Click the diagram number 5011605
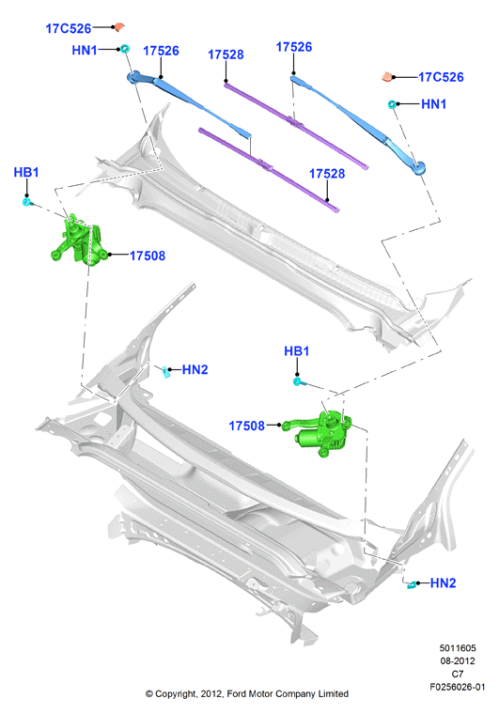(x=457, y=647)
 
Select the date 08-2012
(x=457, y=660)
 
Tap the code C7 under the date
(x=457, y=674)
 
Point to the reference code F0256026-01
(x=457, y=687)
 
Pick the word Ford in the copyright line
(x=237, y=694)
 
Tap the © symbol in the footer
(x=148, y=694)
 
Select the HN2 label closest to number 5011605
(x=443, y=582)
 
